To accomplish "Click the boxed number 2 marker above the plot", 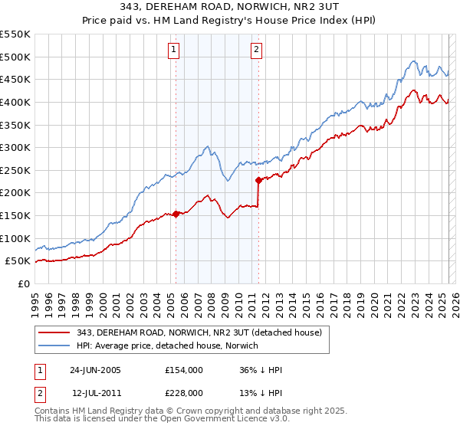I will click(256, 51).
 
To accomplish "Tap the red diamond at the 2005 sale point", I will click(176, 214).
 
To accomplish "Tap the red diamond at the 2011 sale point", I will click(258, 180).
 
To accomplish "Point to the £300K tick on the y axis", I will click(17, 147).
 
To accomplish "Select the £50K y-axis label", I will click(19, 261).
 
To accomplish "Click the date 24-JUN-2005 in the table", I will click(95, 370).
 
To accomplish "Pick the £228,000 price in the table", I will click(183, 392).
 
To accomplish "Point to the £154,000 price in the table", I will click(183, 370).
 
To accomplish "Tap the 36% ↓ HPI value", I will click(260, 370).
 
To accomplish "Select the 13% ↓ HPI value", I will click(260, 392).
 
